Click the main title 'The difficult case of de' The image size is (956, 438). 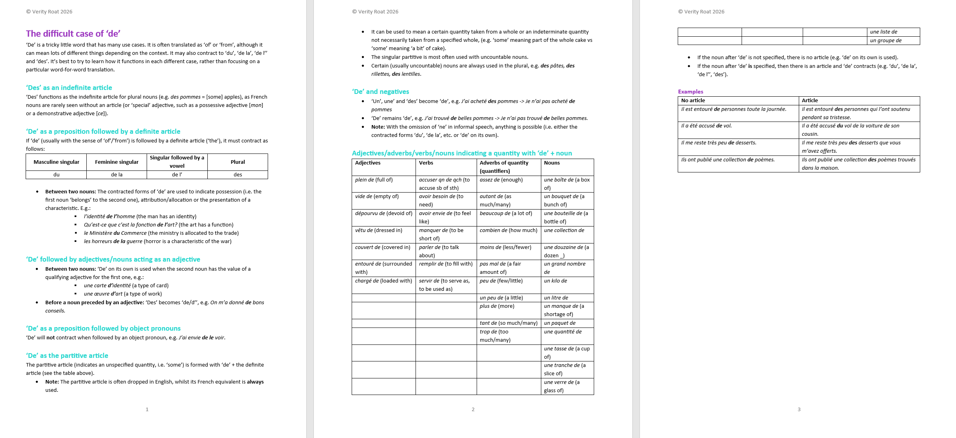coord(73,34)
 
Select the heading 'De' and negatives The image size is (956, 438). coord(380,92)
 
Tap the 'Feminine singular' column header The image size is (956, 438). coord(117,162)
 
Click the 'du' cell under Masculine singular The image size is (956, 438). coord(56,174)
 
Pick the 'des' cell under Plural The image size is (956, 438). coord(238,174)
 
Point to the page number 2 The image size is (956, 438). coord(473,409)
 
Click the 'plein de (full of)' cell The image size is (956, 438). coord(374,180)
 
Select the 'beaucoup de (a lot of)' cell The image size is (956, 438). coord(506,213)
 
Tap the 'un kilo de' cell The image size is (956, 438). coord(555,281)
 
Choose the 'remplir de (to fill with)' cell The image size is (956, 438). coord(445,264)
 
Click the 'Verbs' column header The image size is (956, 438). coord(426,163)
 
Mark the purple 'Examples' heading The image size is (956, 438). coord(690,92)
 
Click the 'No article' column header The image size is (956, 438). coord(693,101)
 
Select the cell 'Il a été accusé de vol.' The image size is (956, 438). coord(706,126)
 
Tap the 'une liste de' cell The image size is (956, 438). coord(883,32)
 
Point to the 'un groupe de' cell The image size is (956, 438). coord(885,41)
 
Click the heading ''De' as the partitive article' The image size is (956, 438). coord(67,356)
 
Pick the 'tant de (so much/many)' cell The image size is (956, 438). coord(508,323)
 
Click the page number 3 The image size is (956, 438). coord(799,409)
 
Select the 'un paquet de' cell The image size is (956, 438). coord(559,323)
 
